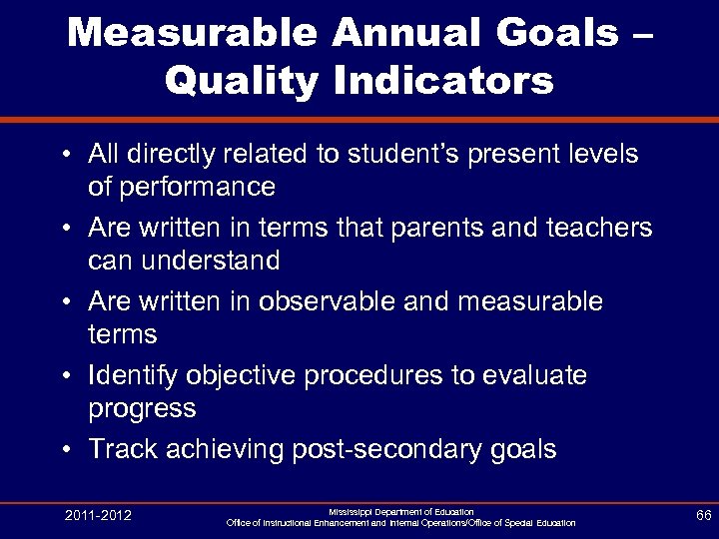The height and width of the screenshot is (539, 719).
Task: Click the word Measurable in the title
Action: [196, 34]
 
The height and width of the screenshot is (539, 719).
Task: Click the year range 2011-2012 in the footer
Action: [98, 515]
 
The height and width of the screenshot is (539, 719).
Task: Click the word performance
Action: [182, 187]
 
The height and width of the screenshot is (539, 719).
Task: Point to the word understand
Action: [184, 261]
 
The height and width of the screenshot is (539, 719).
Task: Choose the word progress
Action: [142, 408]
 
